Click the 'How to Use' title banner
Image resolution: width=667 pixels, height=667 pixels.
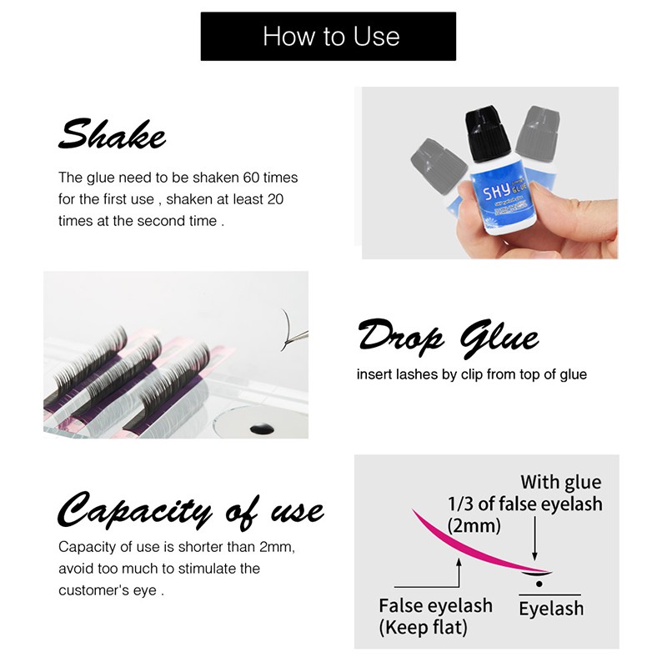(328, 36)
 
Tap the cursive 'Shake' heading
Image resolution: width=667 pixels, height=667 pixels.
(112, 134)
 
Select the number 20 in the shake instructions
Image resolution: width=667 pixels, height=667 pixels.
(276, 199)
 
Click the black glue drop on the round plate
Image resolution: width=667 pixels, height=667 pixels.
(262, 429)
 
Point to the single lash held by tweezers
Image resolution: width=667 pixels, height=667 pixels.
(286, 329)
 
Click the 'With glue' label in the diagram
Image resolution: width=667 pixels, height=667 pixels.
(560, 483)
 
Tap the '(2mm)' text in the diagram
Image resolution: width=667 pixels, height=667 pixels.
(474, 526)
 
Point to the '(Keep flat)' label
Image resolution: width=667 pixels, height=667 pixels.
(423, 628)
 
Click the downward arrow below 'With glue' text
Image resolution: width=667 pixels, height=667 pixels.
(534, 538)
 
